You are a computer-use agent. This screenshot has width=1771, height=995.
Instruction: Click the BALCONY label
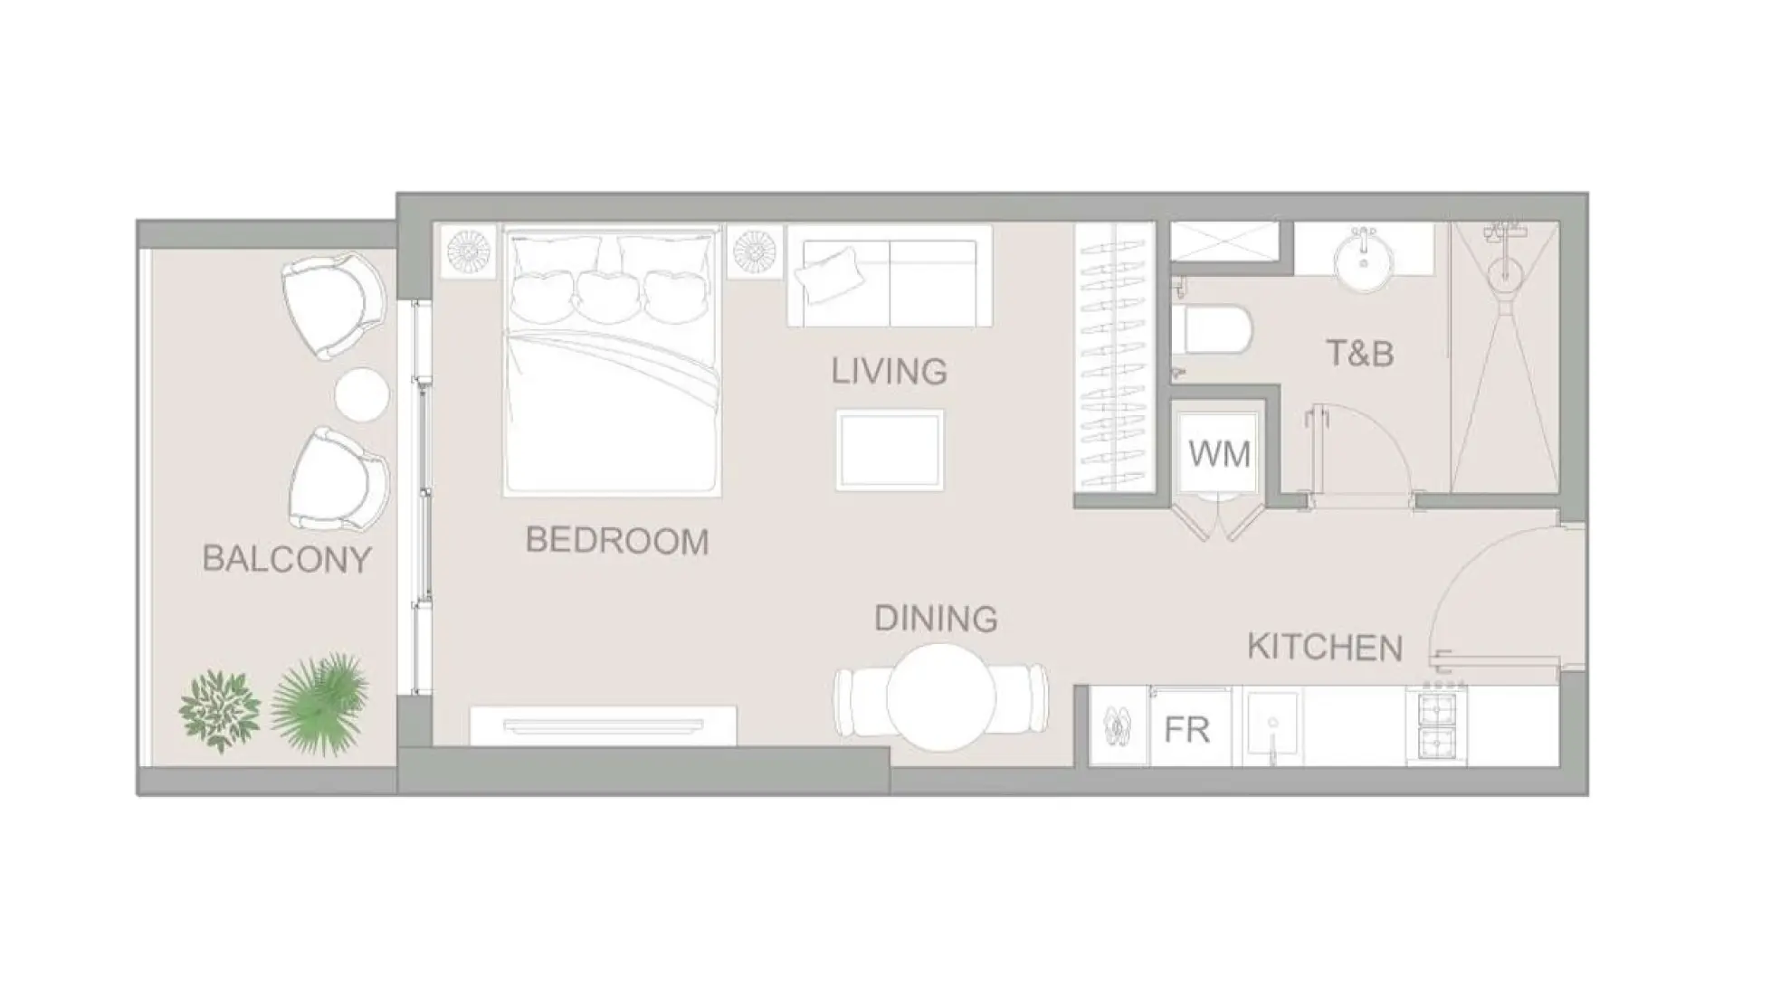click(287, 559)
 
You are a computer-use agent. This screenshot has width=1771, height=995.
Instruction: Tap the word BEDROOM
click(617, 541)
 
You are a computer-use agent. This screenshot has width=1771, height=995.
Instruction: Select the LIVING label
click(889, 371)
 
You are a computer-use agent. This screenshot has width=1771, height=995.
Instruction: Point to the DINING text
click(936, 619)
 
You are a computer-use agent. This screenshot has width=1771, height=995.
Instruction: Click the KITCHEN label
click(1325, 648)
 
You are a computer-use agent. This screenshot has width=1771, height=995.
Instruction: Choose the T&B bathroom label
click(1359, 354)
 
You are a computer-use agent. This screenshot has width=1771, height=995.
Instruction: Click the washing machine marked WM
click(1219, 452)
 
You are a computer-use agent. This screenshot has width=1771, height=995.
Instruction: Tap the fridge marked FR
click(1186, 729)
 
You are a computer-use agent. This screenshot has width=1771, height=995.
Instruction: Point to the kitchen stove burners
click(1437, 725)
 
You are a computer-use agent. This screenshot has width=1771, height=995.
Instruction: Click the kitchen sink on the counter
click(1272, 726)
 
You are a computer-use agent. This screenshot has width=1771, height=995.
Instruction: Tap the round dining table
click(941, 697)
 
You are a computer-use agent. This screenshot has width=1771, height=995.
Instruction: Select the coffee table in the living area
click(890, 450)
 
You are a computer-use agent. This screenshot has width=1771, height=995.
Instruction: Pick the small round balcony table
click(362, 394)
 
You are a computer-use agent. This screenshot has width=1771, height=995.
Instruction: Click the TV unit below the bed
click(603, 725)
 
